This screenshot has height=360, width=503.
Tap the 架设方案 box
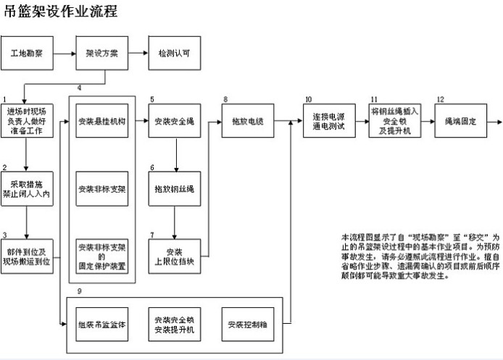[102, 54]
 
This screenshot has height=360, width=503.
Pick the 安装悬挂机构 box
[102, 122]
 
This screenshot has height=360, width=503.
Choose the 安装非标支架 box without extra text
[102, 189]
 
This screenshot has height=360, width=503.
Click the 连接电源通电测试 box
[325, 122]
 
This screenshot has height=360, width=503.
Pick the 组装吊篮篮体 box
[102, 325]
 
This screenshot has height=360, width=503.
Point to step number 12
[440, 99]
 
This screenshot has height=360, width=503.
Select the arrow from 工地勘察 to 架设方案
[64, 54]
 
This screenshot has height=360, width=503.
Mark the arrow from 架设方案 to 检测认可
[138, 54]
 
